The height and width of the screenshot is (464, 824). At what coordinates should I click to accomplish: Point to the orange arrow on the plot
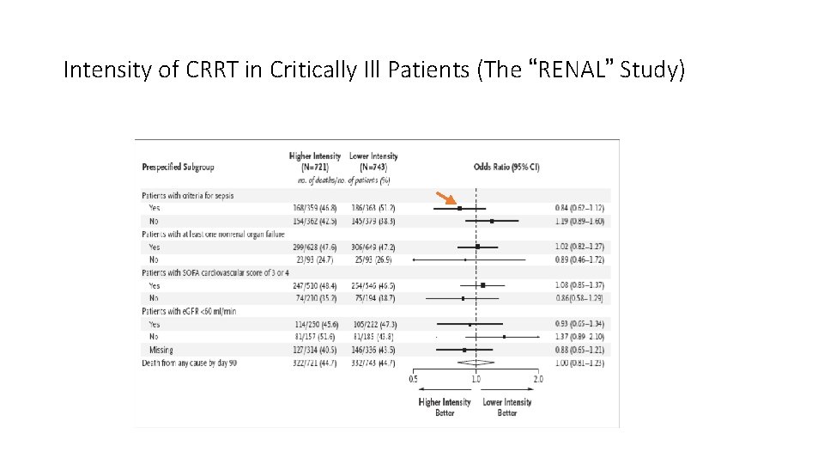click(445, 199)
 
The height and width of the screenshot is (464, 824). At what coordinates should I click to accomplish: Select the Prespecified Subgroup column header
click(178, 167)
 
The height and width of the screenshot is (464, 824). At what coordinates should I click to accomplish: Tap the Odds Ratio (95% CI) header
click(506, 167)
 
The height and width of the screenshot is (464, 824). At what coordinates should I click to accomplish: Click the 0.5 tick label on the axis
click(413, 379)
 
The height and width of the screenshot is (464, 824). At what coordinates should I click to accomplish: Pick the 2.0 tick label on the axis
click(538, 379)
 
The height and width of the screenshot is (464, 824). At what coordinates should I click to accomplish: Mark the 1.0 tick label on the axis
click(476, 379)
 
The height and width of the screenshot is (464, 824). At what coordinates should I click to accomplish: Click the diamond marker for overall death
click(476, 363)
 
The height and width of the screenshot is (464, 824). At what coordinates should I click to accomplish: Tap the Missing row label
click(161, 351)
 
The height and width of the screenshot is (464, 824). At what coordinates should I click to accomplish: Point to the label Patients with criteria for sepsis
click(187, 195)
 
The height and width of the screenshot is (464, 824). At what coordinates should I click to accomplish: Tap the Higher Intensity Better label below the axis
click(445, 407)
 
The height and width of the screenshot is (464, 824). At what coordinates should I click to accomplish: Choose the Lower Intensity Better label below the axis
click(506, 407)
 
